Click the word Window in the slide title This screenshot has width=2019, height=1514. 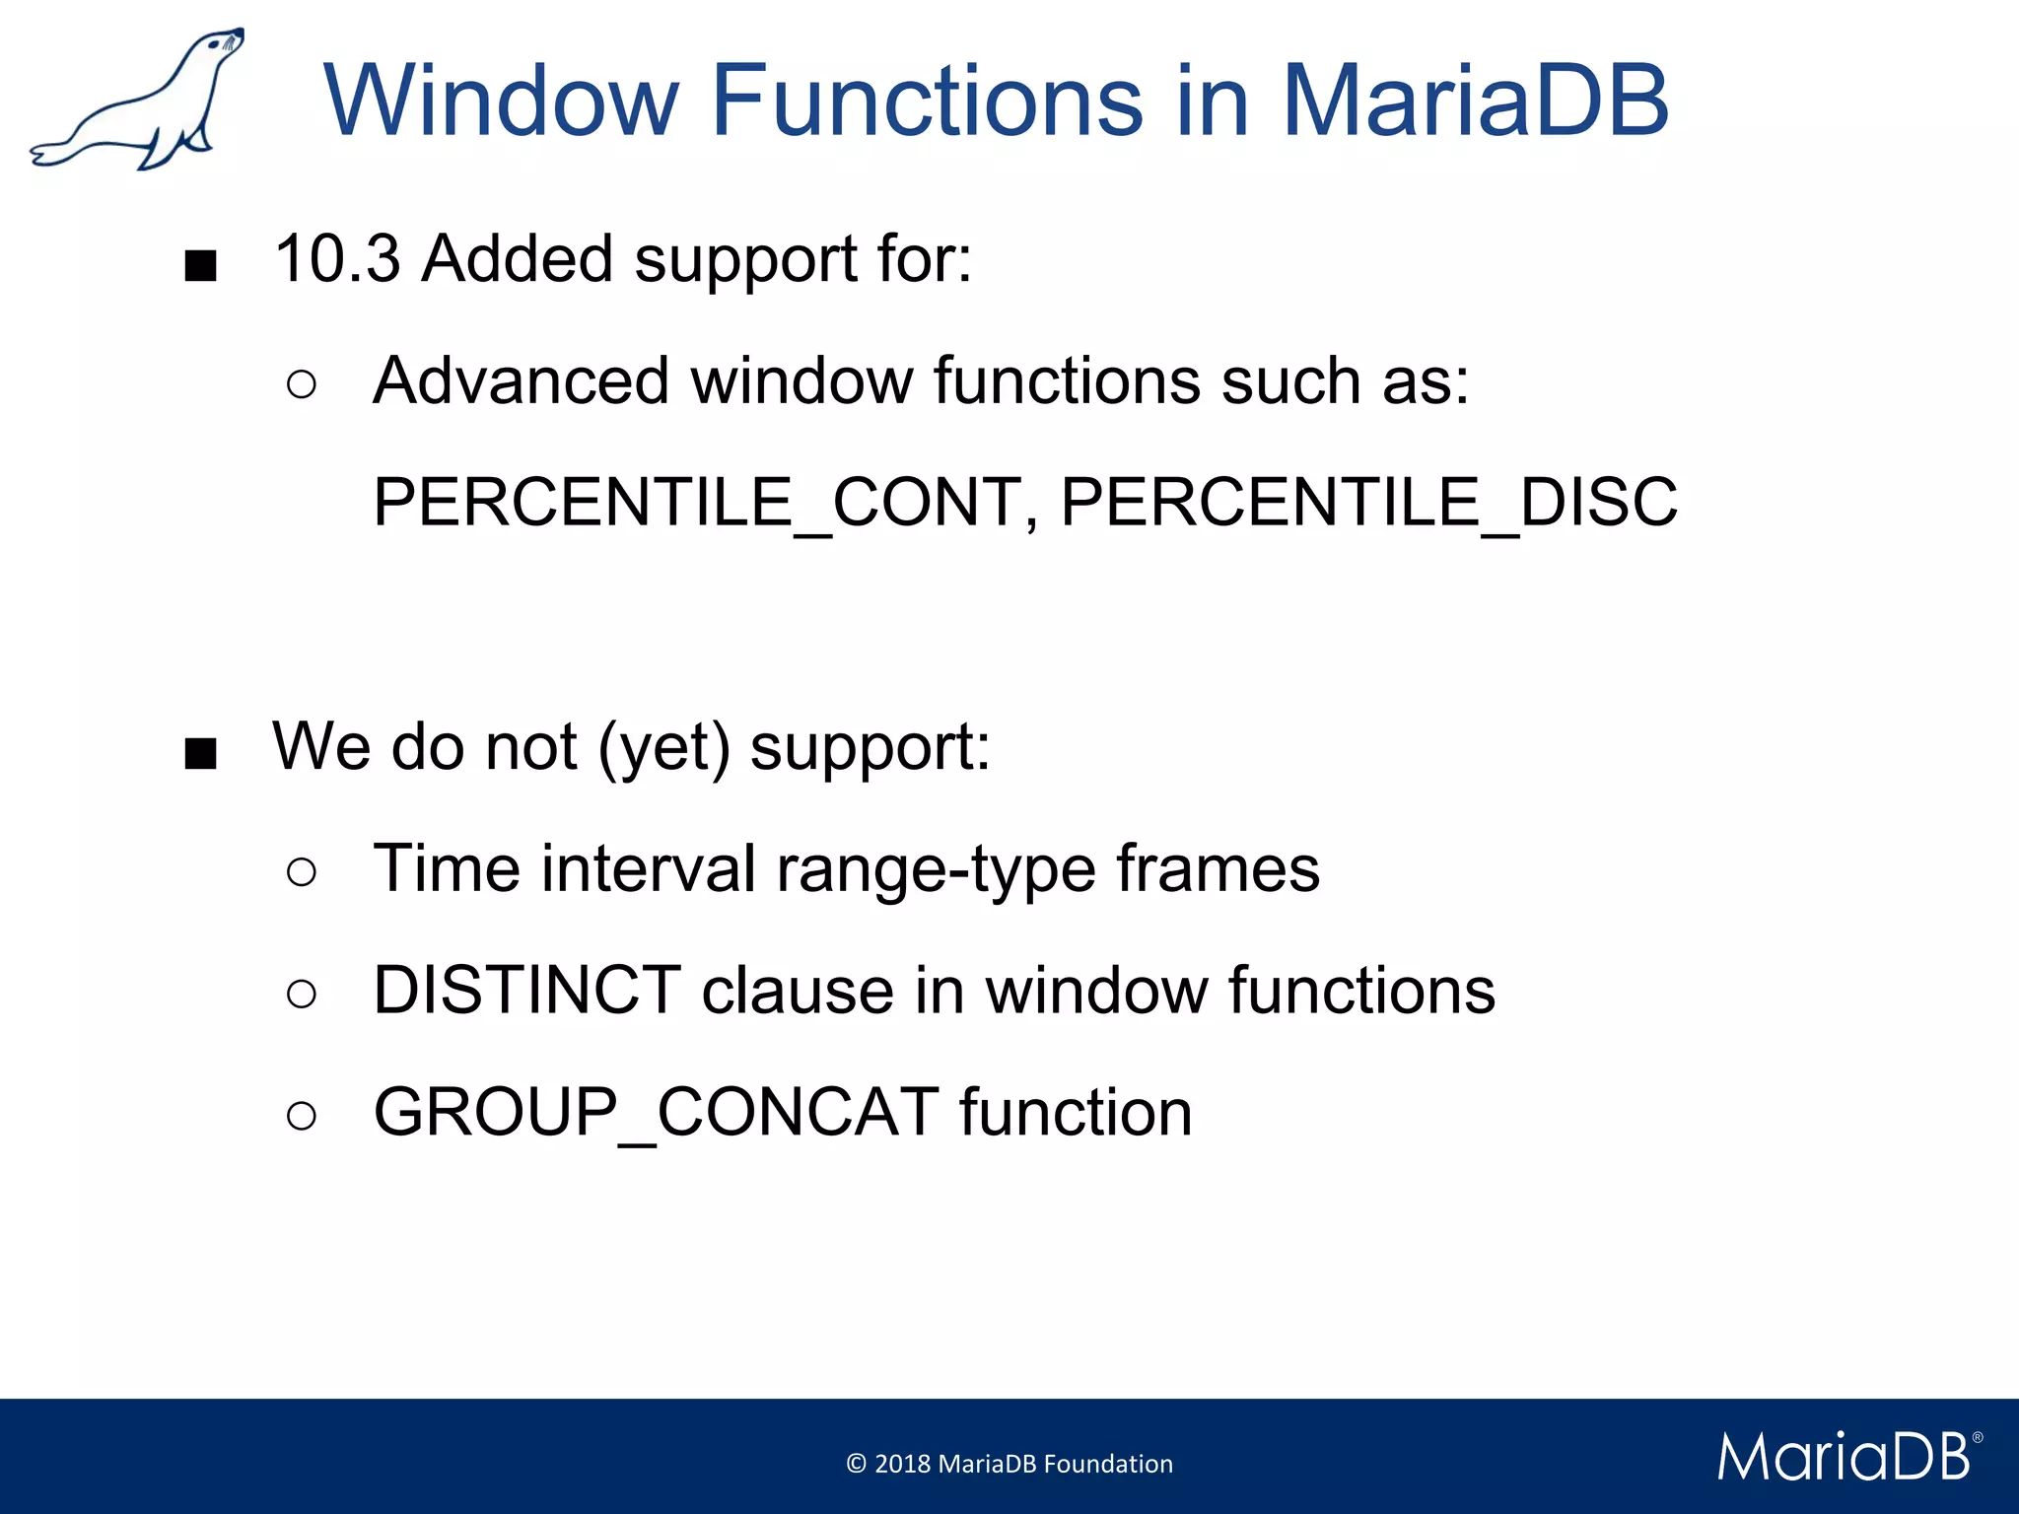tap(502, 101)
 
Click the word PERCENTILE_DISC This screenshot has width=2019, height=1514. tap(1368, 503)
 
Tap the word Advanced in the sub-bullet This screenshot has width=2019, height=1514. tap(521, 381)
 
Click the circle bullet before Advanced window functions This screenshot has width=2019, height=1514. tap(302, 384)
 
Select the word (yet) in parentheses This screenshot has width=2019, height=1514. tap(664, 748)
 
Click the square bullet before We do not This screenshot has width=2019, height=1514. tap(200, 755)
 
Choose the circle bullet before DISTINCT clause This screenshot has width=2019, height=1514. tap(302, 994)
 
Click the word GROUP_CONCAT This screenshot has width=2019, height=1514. tap(656, 1113)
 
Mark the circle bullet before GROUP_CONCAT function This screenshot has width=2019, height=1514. tap(302, 1116)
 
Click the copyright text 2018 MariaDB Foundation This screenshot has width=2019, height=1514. tap(1009, 1464)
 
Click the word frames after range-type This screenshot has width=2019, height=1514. tap(1218, 869)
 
